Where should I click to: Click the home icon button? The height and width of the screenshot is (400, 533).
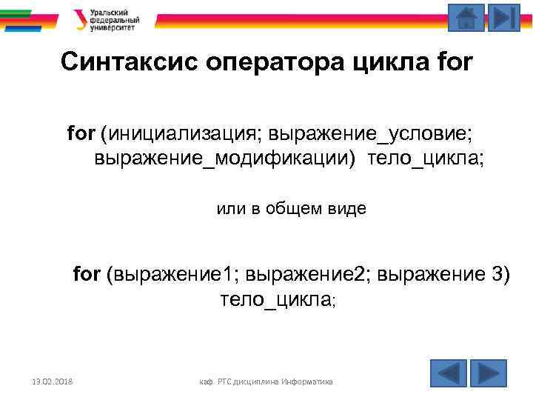(x=466, y=18)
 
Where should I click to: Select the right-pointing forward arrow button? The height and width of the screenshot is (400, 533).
(x=488, y=373)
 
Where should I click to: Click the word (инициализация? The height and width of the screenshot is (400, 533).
(x=181, y=134)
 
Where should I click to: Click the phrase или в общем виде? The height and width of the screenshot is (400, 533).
(x=291, y=209)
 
